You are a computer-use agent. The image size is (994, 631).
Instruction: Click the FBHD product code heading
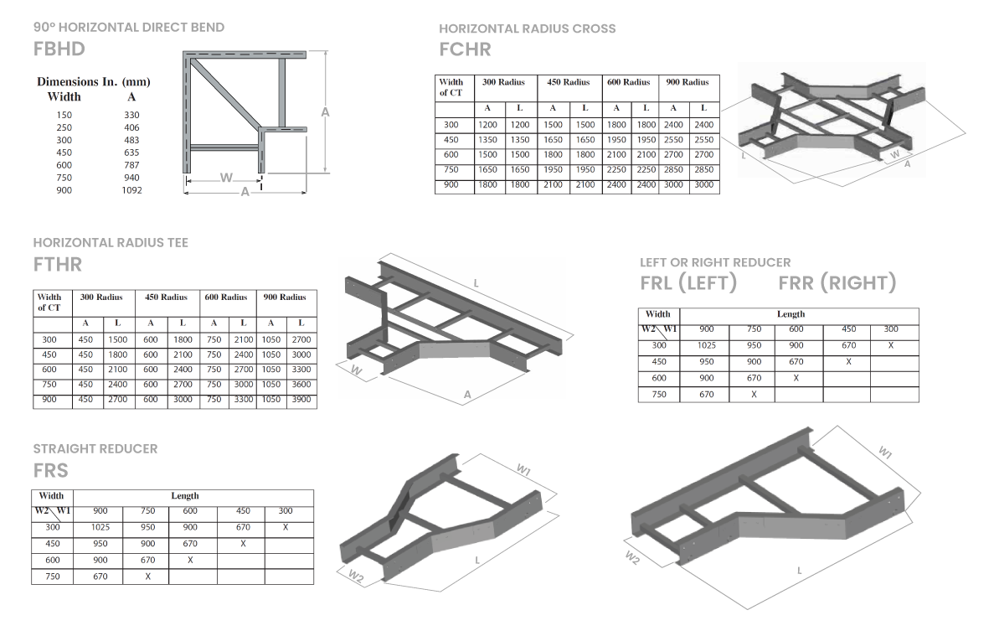tap(59, 48)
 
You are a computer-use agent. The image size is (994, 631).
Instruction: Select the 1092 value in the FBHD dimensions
tap(132, 190)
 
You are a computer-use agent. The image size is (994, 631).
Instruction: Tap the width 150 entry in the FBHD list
tap(64, 115)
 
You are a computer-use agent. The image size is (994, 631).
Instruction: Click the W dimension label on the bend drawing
tap(225, 178)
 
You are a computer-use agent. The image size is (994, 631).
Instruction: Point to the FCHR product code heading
tap(465, 49)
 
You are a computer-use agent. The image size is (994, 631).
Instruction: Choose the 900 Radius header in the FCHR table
tap(687, 82)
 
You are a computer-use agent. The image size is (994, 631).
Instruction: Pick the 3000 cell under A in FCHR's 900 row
tap(673, 184)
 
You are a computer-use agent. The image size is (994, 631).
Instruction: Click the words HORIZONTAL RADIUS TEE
tap(111, 242)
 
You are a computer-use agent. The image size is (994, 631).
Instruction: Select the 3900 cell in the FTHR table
tap(301, 400)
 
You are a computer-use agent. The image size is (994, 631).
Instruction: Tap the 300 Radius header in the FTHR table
tap(101, 297)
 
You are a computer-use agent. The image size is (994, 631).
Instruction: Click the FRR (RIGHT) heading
tap(837, 283)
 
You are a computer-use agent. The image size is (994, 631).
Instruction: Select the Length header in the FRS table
tap(185, 496)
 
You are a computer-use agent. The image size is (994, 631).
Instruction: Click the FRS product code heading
tap(51, 470)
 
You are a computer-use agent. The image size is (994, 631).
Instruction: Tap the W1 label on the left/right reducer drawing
tap(884, 453)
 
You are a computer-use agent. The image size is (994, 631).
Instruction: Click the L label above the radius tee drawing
tap(476, 283)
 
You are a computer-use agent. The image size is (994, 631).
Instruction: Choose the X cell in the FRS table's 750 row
tap(147, 577)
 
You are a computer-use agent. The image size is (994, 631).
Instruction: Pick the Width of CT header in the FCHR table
tap(451, 87)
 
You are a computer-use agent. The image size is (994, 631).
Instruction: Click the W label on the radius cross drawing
tap(894, 155)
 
